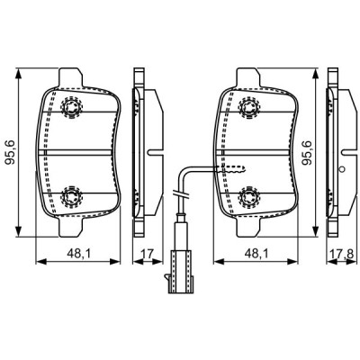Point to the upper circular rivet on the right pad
[x=250, y=108]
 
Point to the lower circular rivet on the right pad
[x=250, y=194]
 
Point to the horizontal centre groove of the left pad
[x=81, y=151]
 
